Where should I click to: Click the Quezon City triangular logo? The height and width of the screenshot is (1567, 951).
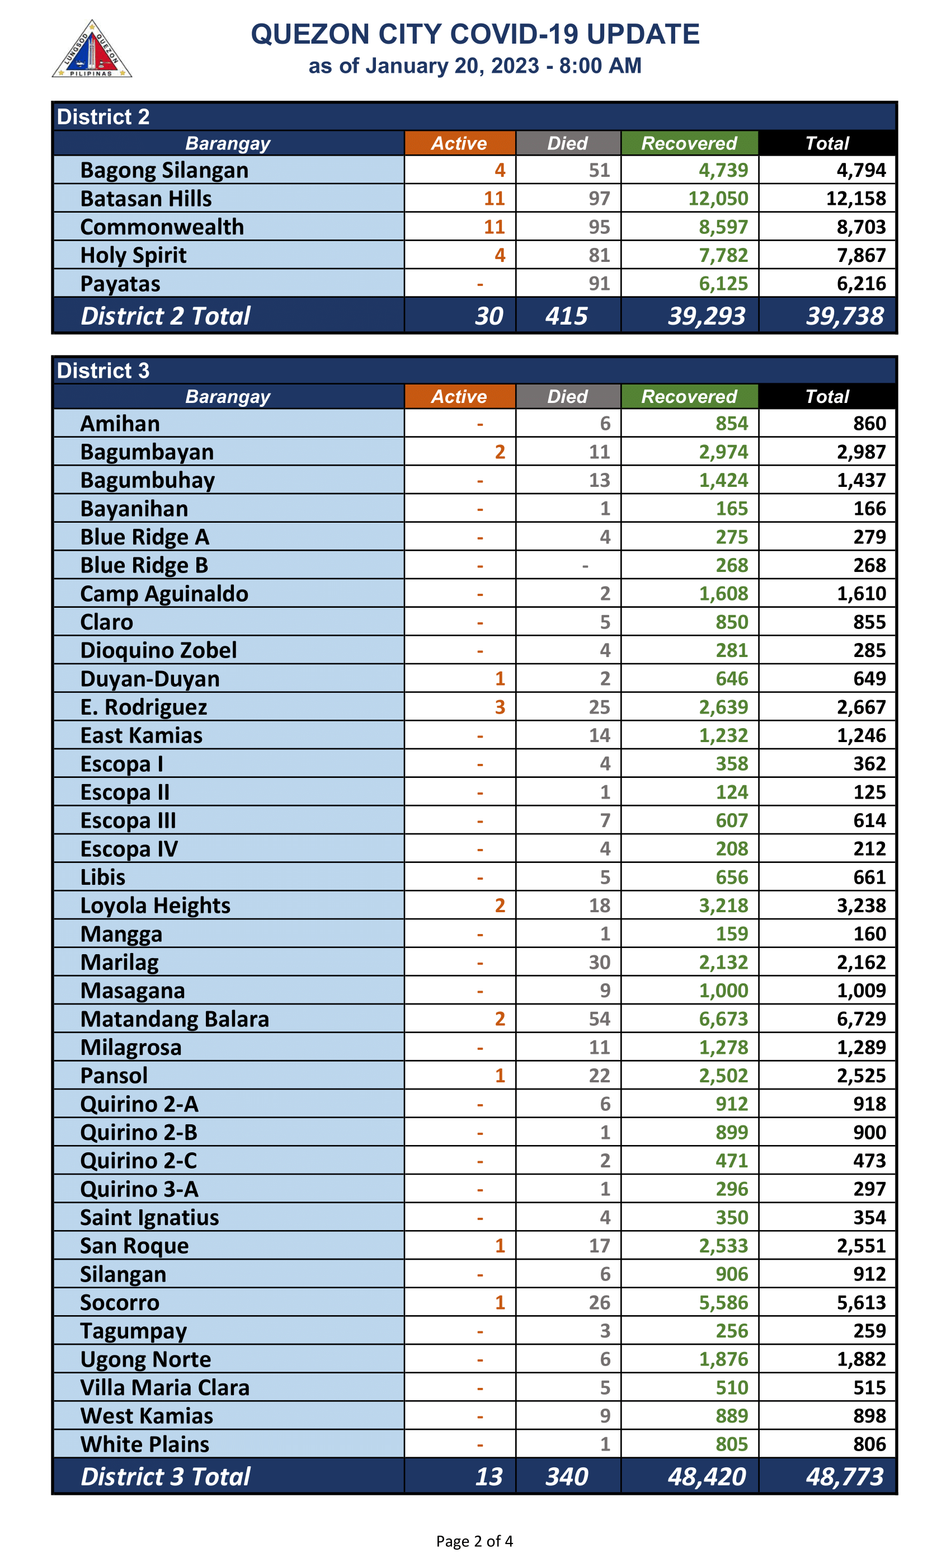[92, 50]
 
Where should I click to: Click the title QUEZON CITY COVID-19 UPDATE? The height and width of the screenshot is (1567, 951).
[475, 34]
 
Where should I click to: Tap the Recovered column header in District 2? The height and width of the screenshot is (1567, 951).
[689, 143]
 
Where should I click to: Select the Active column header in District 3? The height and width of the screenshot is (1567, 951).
[459, 396]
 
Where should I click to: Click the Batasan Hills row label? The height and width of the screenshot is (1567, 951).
[145, 199]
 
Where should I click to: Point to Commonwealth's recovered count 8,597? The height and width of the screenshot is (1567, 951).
[723, 227]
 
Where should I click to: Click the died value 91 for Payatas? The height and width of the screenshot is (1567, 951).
[599, 284]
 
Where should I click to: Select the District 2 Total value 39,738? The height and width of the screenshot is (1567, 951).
[844, 316]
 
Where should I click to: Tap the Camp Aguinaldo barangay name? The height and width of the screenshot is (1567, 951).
[164, 593]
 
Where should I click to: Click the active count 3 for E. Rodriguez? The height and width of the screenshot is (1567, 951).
[500, 707]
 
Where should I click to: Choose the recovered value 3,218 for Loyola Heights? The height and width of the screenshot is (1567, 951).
[723, 906]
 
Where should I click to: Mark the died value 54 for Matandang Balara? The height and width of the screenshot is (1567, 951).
[599, 1019]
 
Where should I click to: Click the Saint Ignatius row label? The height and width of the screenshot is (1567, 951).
[149, 1217]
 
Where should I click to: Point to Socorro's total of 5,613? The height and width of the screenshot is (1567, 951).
[861, 1302]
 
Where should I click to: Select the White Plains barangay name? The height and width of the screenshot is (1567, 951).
[144, 1444]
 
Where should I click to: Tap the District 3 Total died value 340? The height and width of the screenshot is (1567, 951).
[566, 1477]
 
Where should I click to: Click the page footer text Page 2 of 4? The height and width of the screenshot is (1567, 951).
[474, 1541]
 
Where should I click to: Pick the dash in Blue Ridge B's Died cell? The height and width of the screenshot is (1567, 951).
[585, 565]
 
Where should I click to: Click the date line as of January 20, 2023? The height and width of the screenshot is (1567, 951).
[475, 65]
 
